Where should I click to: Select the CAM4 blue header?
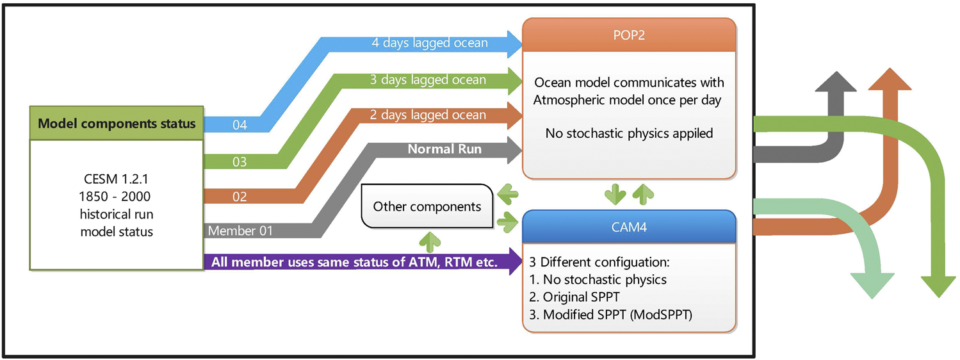628,227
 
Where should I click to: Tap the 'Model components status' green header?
117,123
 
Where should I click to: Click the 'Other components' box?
427,206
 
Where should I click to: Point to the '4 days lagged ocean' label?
430,44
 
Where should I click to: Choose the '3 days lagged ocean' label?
428,80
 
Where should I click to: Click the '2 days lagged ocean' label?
428,115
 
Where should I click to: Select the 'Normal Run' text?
444,150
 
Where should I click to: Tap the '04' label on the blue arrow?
240,126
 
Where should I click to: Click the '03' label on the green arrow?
240,162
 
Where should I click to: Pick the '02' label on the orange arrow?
240,197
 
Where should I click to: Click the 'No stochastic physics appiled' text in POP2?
628,134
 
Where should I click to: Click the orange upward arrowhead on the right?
888,80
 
